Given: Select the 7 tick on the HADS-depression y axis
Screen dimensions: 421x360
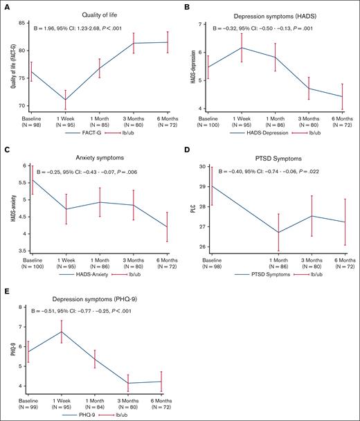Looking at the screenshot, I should click(x=209, y=24).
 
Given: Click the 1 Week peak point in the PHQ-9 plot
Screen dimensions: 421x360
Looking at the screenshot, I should click(x=65, y=331).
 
